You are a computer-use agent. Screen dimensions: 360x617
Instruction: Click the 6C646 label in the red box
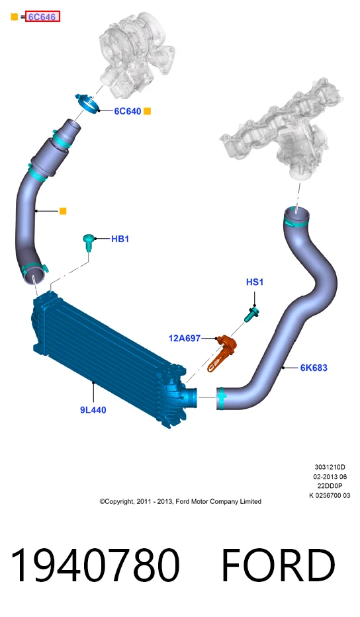[42, 17]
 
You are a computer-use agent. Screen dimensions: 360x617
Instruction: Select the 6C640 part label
[127, 111]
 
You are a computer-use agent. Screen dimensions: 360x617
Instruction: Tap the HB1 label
[120, 239]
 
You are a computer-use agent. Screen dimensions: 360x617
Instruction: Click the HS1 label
[254, 282]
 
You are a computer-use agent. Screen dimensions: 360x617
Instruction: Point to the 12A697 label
[185, 338]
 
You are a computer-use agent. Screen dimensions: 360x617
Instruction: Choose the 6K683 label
[314, 368]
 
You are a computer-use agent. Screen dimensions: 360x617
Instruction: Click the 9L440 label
[93, 410]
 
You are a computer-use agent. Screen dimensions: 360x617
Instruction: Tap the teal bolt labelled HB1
[88, 242]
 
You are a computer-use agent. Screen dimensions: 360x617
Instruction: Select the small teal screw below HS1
[251, 315]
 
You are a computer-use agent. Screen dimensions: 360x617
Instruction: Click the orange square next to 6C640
[147, 111]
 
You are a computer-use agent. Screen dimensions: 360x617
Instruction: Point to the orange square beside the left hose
[63, 212]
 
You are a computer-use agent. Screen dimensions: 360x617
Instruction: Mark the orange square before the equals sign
[14, 17]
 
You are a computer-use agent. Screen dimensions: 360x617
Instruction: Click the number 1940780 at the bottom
[95, 565]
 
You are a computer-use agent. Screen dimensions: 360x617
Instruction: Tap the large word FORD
[278, 565]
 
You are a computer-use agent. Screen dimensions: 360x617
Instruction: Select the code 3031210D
[330, 467]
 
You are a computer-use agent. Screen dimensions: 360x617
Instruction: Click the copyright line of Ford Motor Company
[181, 501]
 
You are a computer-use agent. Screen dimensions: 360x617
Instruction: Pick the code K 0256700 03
[330, 495]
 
